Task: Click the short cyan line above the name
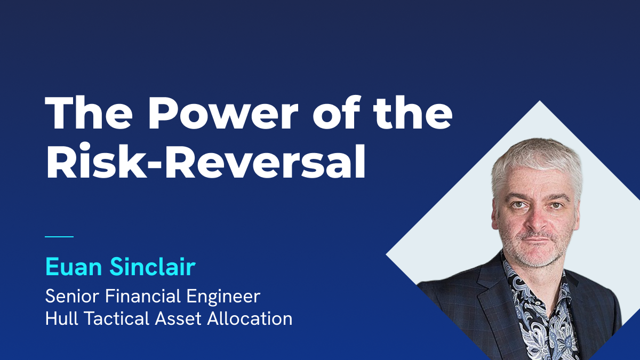point(59,236)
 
